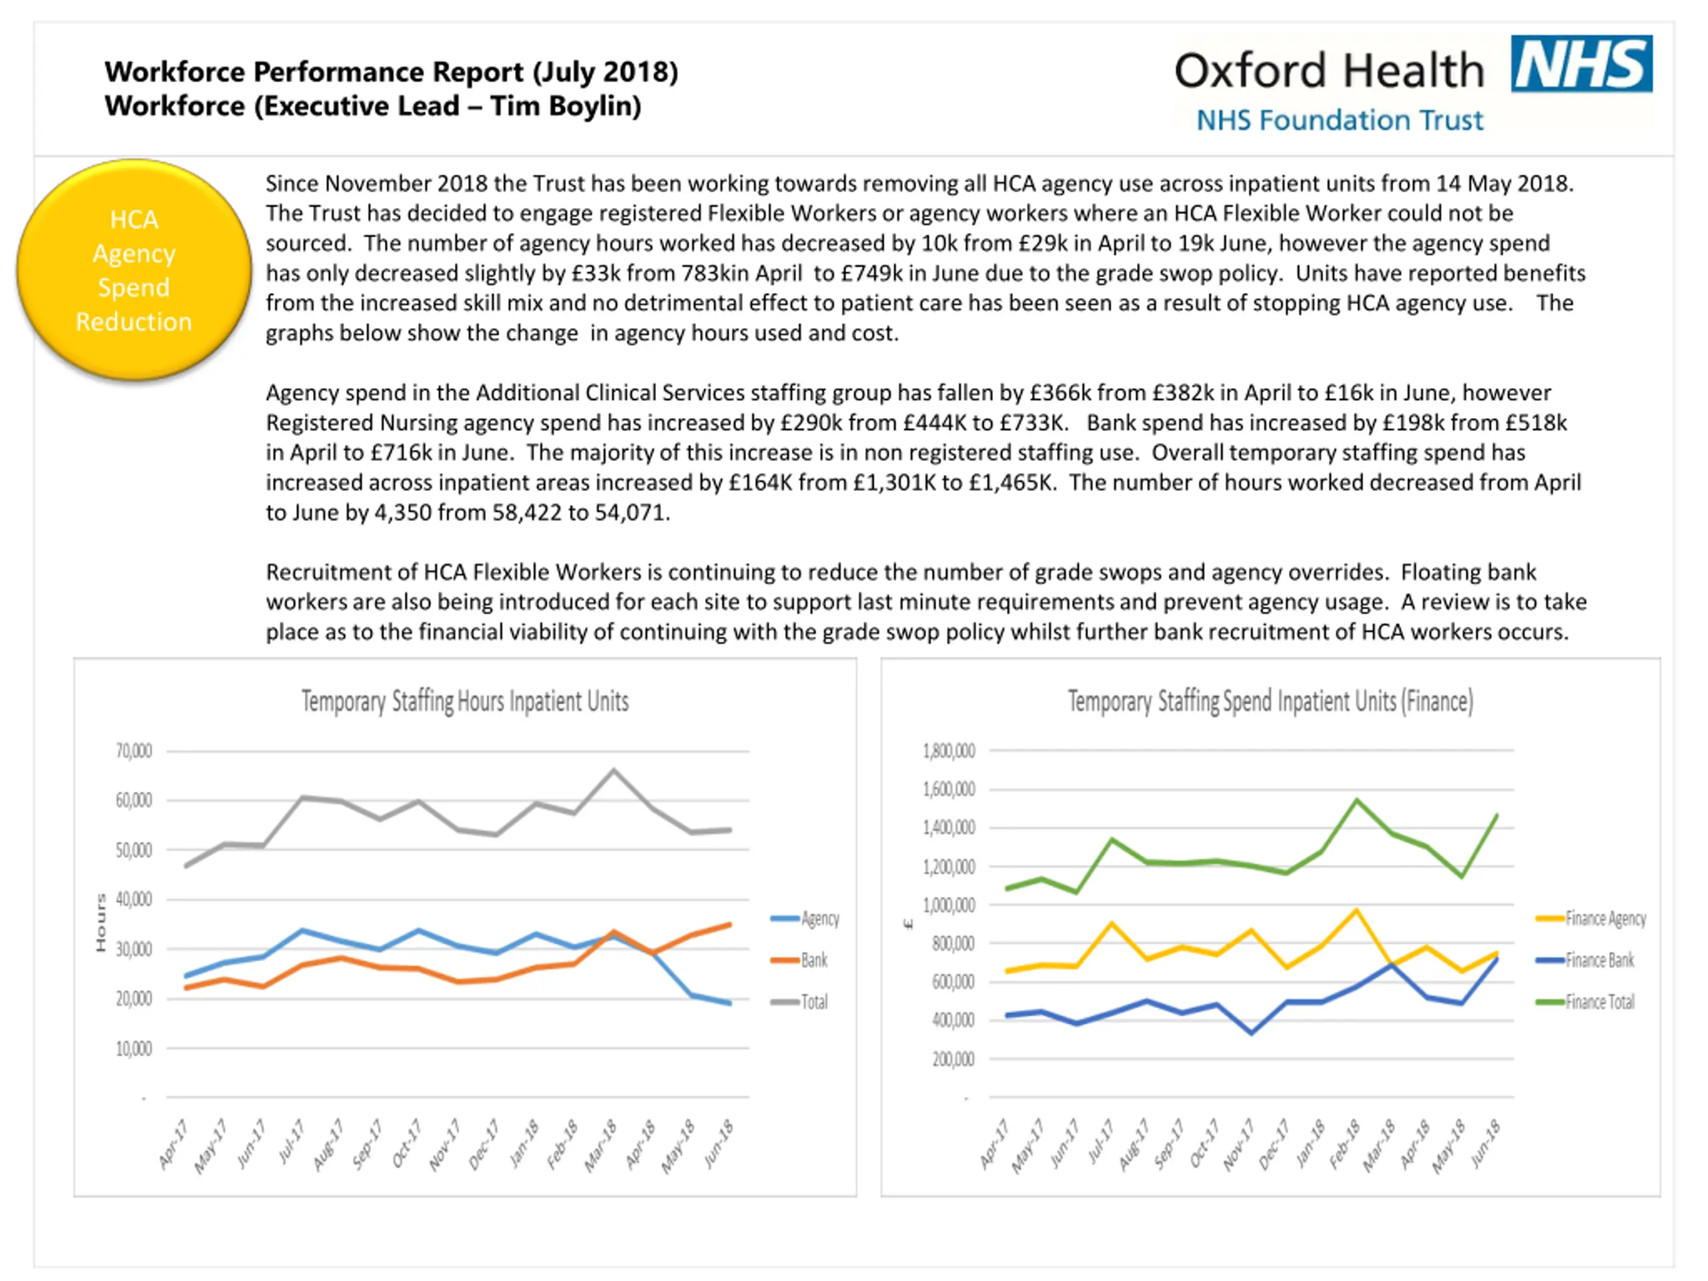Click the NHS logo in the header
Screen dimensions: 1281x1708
click(x=1581, y=63)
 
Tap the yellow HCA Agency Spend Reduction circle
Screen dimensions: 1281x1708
click(x=134, y=270)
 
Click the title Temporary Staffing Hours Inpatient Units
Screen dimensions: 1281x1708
click(x=465, y=701)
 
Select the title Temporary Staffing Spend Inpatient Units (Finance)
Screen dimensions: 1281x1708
click(x=1270, y=701)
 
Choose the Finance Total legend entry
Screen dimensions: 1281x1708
click(x=1599, y=1001)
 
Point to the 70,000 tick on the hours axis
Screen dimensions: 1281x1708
click(x=133, y=751)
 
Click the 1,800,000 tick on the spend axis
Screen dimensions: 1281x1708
click(x=949, y=751)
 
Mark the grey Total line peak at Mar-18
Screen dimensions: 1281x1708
click(x=614, y=770)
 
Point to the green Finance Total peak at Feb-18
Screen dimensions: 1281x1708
click(x=1356, y=800)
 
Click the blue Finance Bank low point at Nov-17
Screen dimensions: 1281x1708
click(x=1252, y=1032)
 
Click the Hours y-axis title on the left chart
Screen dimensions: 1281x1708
click(x=100, y=923)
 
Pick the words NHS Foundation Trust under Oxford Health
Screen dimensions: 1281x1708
click(x=1340, y=121)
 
